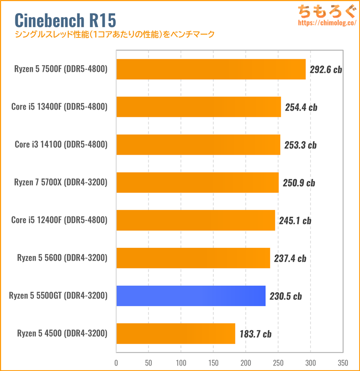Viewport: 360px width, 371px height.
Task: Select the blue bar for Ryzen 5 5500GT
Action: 191,296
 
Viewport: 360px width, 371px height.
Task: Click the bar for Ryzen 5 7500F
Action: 211,69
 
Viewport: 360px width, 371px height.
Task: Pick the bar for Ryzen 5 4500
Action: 175,333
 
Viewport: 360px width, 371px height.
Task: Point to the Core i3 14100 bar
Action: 198,145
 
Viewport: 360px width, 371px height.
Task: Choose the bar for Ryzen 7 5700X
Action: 197,183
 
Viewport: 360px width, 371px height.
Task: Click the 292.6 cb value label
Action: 326,70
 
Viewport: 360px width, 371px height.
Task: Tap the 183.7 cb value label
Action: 255,334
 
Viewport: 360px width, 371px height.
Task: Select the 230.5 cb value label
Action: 285,296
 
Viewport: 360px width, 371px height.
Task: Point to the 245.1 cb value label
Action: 295,220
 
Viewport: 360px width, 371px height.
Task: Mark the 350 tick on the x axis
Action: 342,362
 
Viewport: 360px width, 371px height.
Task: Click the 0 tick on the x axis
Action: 117,362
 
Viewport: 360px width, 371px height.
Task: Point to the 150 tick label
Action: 213,362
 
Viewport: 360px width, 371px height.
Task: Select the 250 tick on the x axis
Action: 278,362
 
